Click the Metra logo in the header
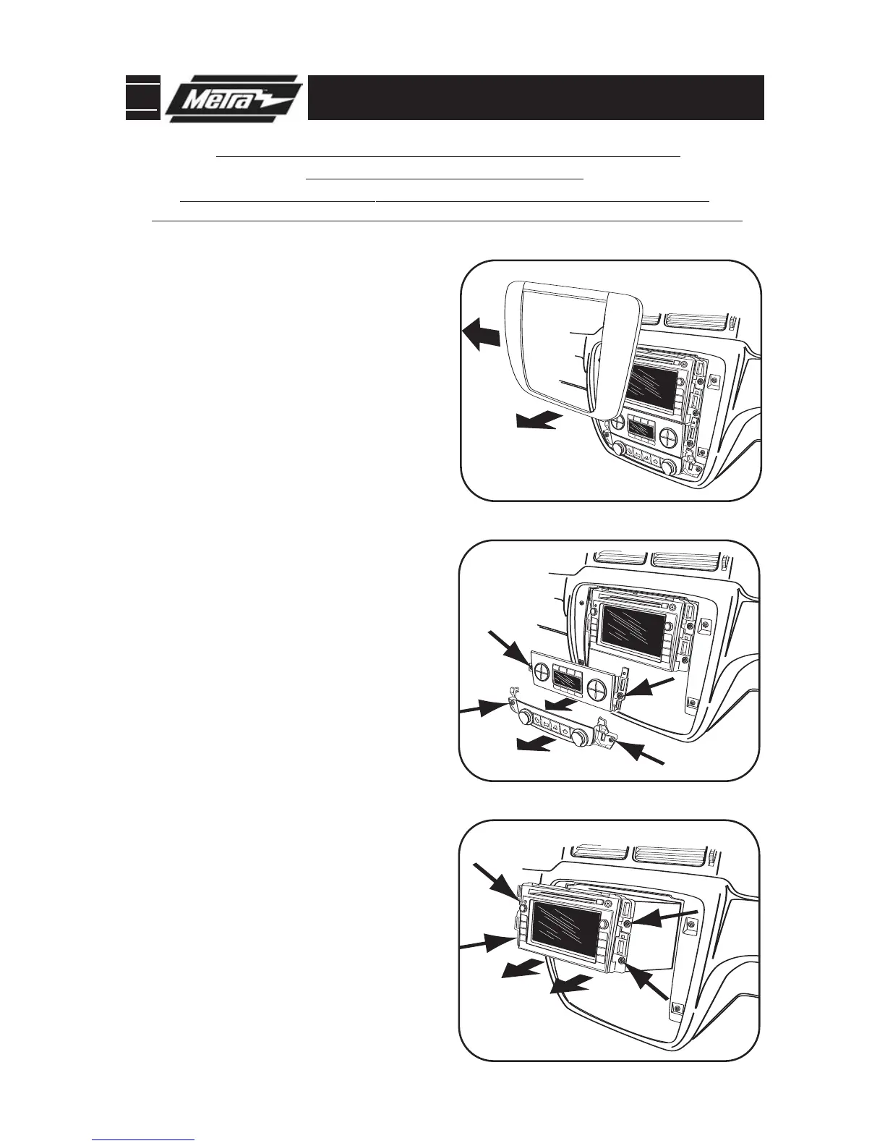[233, 99]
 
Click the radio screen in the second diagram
[633, 631]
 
